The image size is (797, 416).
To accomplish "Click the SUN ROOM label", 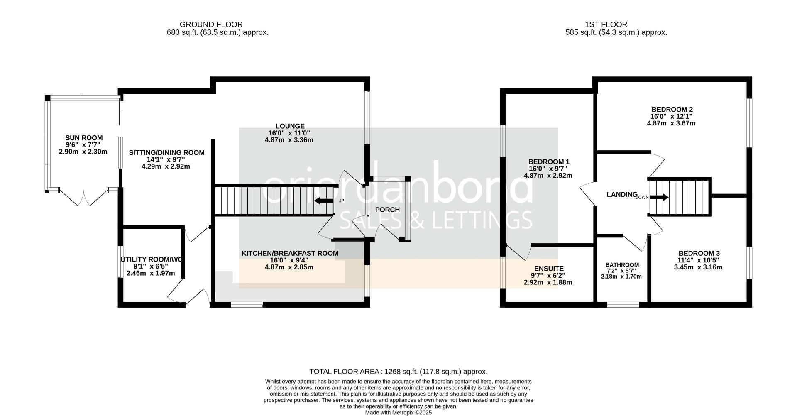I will coord(83,138).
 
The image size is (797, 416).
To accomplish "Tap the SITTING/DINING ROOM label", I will coord(166,153).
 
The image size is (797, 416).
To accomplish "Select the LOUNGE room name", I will coord(290,126).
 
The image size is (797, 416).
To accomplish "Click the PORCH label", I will coord(387,210).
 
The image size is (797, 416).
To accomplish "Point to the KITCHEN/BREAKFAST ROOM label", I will coord(290,253).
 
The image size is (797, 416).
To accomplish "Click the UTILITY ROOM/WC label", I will coord(151,260).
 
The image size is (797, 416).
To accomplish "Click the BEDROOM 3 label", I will coord(699,254).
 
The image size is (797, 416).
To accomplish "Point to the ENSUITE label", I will coord(548,269).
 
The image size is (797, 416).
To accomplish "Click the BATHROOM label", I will coord(622,265).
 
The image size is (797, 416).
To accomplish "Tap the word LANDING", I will coord(621,194).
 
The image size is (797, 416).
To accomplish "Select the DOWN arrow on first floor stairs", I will coord(659,198).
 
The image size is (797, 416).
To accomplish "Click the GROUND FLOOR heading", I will coord(211,24).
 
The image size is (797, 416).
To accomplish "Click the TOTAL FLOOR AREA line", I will coord(398,372).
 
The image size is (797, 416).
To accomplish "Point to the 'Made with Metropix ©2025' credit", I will coord(398,413).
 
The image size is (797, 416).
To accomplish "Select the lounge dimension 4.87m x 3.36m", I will coord(289,140).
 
